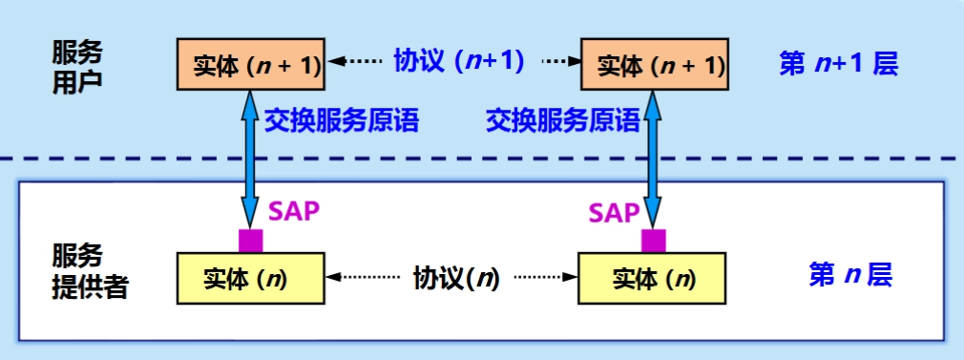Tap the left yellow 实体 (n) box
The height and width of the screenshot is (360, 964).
pos(250,277)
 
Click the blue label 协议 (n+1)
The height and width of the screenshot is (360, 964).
pos(459,62)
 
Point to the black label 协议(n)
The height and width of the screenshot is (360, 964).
pos(455,278)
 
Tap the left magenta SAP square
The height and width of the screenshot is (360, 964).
pos(251,240)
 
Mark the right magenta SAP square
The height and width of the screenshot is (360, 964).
pos(654,240)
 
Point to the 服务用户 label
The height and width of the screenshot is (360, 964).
pos(76,65)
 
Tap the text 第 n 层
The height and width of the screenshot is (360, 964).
pos(849,276)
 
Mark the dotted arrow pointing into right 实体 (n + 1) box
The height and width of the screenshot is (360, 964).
pos(562,62)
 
